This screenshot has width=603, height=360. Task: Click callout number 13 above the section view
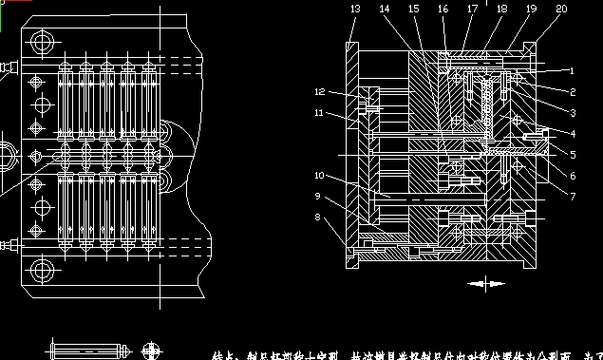[x=355, y=9]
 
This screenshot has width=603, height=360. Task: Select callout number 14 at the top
[x=385, y=9]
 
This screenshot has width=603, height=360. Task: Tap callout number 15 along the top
[x=413, y=9]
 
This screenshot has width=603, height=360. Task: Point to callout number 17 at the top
[x=472, y=9]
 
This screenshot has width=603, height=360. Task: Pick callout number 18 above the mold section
[x=501, y=9]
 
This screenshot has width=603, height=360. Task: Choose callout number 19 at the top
[x=531, y=9]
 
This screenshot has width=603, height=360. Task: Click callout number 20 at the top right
[x=561, y=9]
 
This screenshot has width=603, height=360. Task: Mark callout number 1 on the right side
[x=573, y=70]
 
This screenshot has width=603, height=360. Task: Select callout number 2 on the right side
[x=573, y=91]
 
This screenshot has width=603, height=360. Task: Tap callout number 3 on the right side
[x=573, y=112]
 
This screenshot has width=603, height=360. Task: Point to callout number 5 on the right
[x=573, y=155]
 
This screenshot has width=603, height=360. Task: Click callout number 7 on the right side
[x=573, y=196]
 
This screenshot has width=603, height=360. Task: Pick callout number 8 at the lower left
[x=318, y=218]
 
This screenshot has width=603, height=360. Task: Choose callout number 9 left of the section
[x=318, y=197]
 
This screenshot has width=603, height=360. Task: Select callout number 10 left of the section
[x=320, y=176]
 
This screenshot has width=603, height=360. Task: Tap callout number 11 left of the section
[x=320, y=113]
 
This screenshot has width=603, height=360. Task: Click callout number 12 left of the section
[x=320, y=92]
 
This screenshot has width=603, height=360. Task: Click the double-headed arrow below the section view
[x=487, y=283]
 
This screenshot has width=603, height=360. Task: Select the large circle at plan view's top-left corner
[x=41, y=42]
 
